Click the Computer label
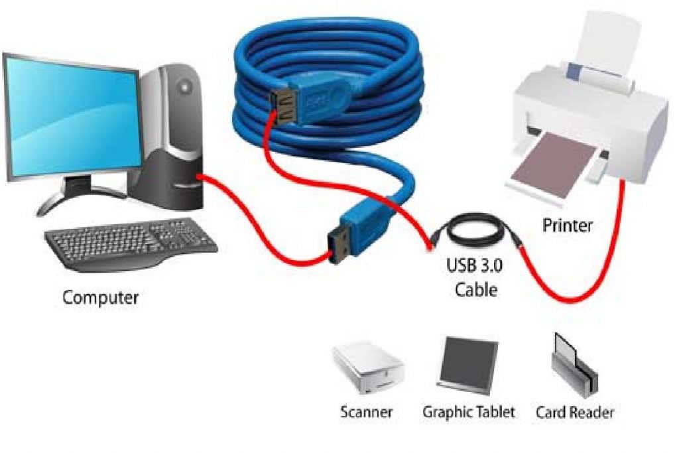click(100, 297)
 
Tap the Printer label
click(568, 225)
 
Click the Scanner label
click(366, 412)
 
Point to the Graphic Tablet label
click(469, 412)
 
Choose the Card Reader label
click(574, 412)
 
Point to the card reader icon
click(573, 365)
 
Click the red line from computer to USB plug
click(265, 229)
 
